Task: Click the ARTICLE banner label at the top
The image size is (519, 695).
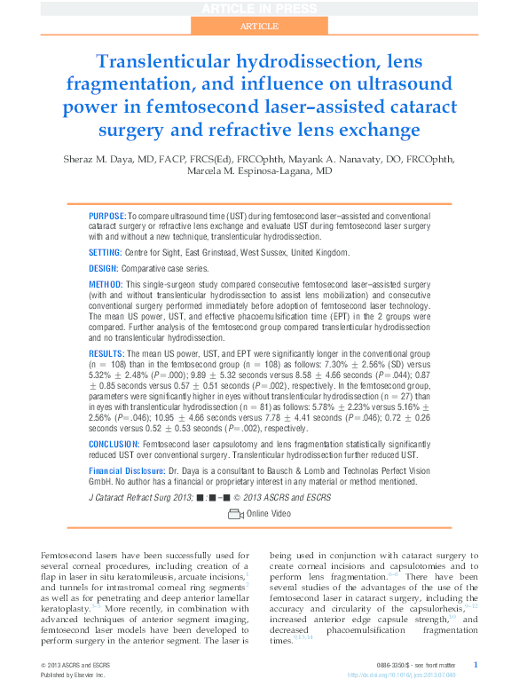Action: coord(258,27)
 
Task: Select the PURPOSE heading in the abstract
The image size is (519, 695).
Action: coord(107,217)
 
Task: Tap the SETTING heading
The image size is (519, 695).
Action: coord(106,252)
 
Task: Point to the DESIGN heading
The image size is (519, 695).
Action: coord(104,267)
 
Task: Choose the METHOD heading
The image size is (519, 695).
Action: coord(106,285)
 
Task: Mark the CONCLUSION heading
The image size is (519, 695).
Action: coord(114,444)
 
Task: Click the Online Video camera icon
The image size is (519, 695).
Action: coord(235,514)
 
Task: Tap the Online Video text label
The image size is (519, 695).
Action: coord(269,514)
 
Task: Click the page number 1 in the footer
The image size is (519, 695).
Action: coord(476,664)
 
